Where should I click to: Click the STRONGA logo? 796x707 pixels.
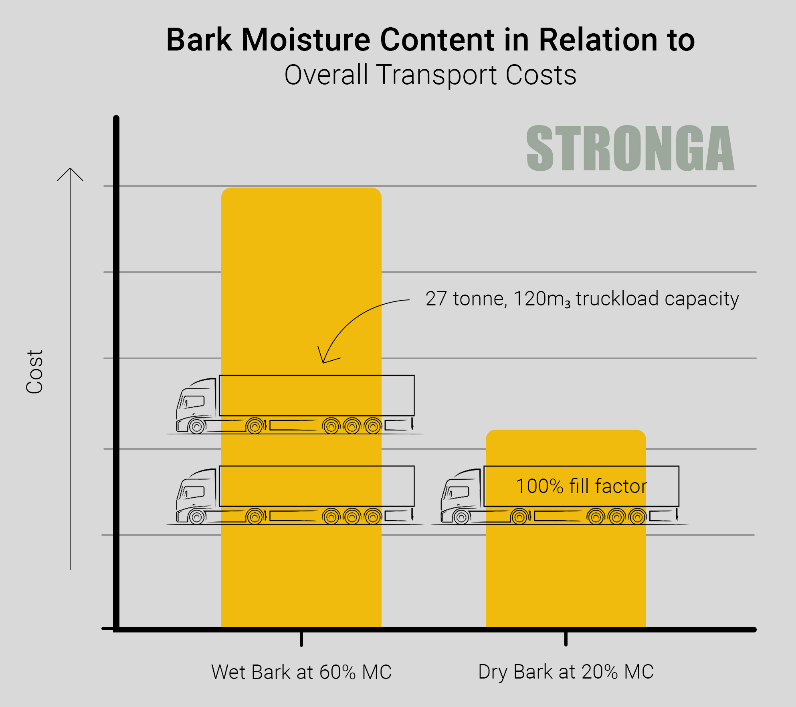point(630,148)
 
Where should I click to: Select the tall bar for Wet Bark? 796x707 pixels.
point(301,407)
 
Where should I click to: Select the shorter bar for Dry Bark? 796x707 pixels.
point(566,528)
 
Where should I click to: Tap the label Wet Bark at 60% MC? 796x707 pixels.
point(301,672)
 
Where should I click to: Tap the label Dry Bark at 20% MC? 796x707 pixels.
point(566,672)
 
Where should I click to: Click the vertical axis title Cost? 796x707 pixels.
point(34,372)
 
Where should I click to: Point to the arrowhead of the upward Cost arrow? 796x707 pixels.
point(70,169)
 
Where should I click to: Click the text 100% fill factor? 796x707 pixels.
point(582,486)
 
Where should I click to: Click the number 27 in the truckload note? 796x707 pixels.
point(436,299)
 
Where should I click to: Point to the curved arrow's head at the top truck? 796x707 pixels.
point(323,362)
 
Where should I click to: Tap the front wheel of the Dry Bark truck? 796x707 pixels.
point(461,517)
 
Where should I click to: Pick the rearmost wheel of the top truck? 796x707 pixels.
point(373,426)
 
